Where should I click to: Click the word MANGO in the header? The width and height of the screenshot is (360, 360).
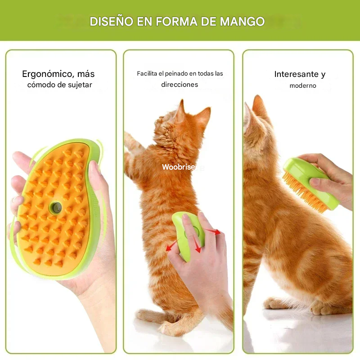pyautogui.click(x=242, y=22)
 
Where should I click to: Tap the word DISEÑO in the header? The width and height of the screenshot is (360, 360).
pyautogui.click(x=111, y=21)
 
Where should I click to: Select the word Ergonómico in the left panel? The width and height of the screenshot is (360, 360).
pyautogui.click(x=47, y=74)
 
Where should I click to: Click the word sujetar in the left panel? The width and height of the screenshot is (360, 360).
pyautogui.click(x=81, y=85)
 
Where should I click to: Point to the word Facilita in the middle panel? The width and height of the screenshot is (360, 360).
pyautogui.click(x=147, y=73)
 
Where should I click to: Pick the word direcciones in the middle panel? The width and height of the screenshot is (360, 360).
pyautogui.click(x=180, y=85)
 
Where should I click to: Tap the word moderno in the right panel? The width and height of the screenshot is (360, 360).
pyautogui.click(x=303, y=85)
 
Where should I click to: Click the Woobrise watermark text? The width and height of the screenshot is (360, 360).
pyautogui.click(x=179, y=167)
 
